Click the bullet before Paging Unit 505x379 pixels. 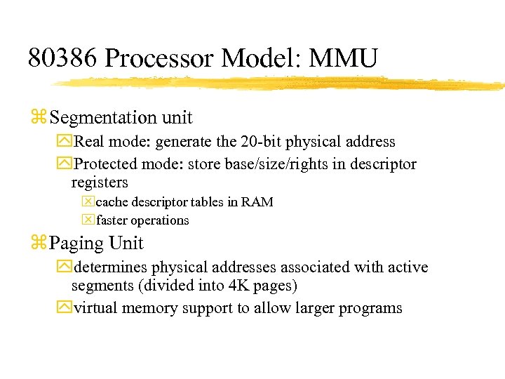point(38,244)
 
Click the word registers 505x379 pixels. point(100,182)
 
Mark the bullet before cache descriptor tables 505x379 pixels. point(88,202)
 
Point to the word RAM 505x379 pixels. point(257,202)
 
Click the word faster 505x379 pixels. point(113,220)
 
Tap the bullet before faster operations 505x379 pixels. point(88,220)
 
